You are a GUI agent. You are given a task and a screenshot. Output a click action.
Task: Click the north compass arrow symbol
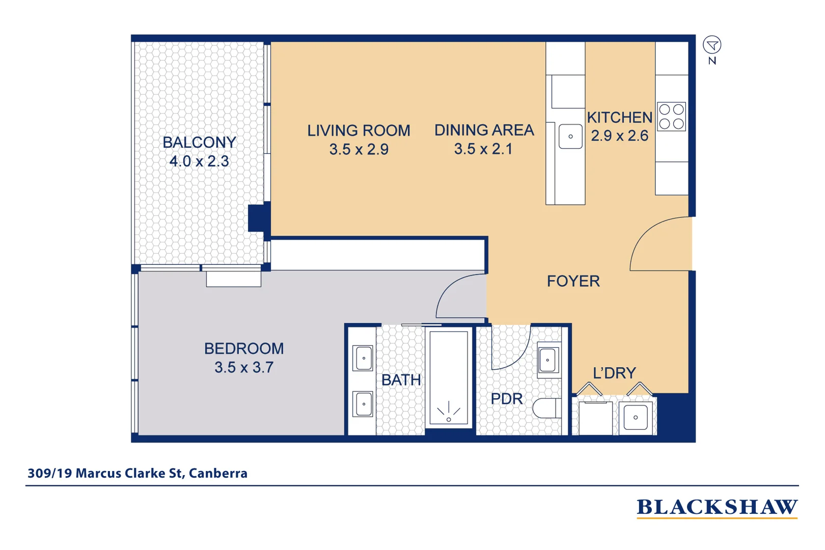pyautogui.click(x=712, y=45)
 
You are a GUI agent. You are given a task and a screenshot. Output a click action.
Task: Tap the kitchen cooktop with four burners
pyautogui.click(x=671, y=117)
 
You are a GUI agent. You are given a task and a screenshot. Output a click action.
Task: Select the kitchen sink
pyautogui.click(x=570, y=136)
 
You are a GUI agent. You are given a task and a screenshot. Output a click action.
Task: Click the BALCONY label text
pyautogui.click(x=199, y=143)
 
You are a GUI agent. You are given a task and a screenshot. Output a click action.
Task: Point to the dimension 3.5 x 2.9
pyautogui.click(x=359, y=150)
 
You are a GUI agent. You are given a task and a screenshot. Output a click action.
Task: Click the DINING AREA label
pyautogui.click(x=484, y=130)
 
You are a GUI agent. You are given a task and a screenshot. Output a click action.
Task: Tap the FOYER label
pyautogui.click(x=573, y=281)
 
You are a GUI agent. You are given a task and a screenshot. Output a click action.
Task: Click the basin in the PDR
pyautogui.click(x=548, y=360)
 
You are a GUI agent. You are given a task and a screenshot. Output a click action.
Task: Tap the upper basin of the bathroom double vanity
pyautogui.click(x=364, y=358)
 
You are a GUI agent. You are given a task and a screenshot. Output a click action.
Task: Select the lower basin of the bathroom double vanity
pyautogui.click(x=364, y=404)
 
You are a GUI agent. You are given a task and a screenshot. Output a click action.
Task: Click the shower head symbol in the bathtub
pyautogui.click(x=449, y=413)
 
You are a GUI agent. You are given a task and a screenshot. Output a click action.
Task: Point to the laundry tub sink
pyautogui.click(x=636, y=418)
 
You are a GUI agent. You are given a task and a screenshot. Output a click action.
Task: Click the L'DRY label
pyautogui.click(x=614, y=373)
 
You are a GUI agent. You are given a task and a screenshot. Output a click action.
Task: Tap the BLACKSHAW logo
pyautogui.click(x=717, y=507)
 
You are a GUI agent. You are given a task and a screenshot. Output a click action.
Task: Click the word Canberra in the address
pyautogui.click(x=218, y=473)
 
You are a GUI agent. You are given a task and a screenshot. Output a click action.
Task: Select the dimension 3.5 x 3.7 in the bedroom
pyautogui.click(x=244, y=368)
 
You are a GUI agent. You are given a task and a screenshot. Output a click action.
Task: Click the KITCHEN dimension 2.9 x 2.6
pyautogui.click(x=619, y=136)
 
